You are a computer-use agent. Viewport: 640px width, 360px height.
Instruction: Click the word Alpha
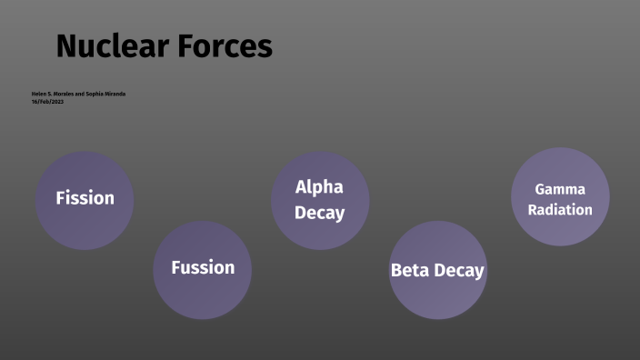coord(319,187)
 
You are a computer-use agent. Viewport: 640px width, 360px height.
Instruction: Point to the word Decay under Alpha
coord(319,214)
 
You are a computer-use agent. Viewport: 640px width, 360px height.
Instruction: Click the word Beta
coord(409,271)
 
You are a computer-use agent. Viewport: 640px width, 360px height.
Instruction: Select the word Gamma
coord(559,189)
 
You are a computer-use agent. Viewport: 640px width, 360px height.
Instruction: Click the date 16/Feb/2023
coord(47,101)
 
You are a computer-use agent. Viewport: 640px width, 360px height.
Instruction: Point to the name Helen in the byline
coord(38,94)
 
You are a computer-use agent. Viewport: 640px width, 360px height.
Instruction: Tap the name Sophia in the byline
coord(95,94)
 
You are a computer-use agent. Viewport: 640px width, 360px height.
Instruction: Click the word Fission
coord(85,198)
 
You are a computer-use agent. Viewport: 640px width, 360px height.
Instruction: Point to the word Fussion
coord(203,267)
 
